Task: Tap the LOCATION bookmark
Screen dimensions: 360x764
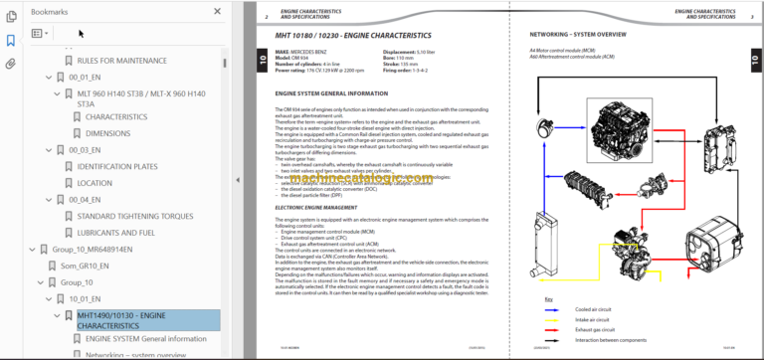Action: tap(95, 183)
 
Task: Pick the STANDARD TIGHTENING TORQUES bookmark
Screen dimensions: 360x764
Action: tap(135, 216)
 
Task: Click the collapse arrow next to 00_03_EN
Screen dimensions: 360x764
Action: tap(48, 149)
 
